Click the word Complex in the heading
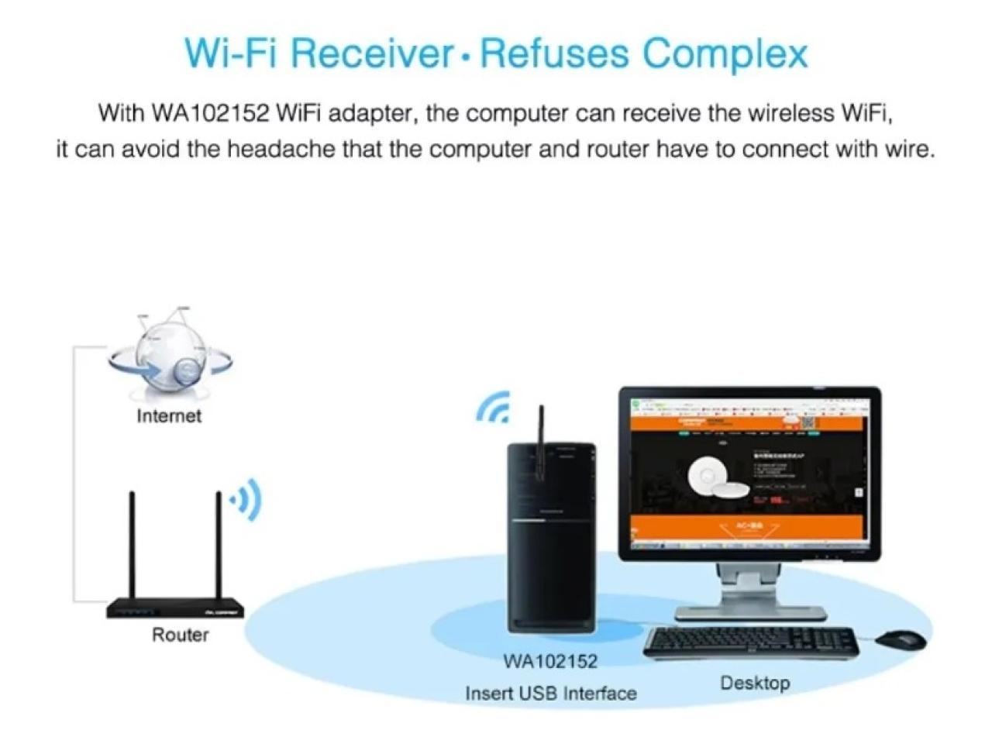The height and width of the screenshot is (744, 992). pos(725,53)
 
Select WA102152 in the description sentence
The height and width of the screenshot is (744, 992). pos(209,113)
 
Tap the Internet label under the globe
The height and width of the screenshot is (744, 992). pos(168,416)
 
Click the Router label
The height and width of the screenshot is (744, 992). pos(180,635)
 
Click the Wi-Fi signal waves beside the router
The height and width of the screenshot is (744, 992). pos(246,501)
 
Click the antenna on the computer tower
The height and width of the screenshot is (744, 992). pos(540,442)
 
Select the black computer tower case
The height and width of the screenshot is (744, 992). pos(551,542)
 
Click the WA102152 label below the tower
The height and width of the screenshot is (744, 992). pos(550,661)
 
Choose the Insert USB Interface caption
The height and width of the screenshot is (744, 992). pos(550,693)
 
